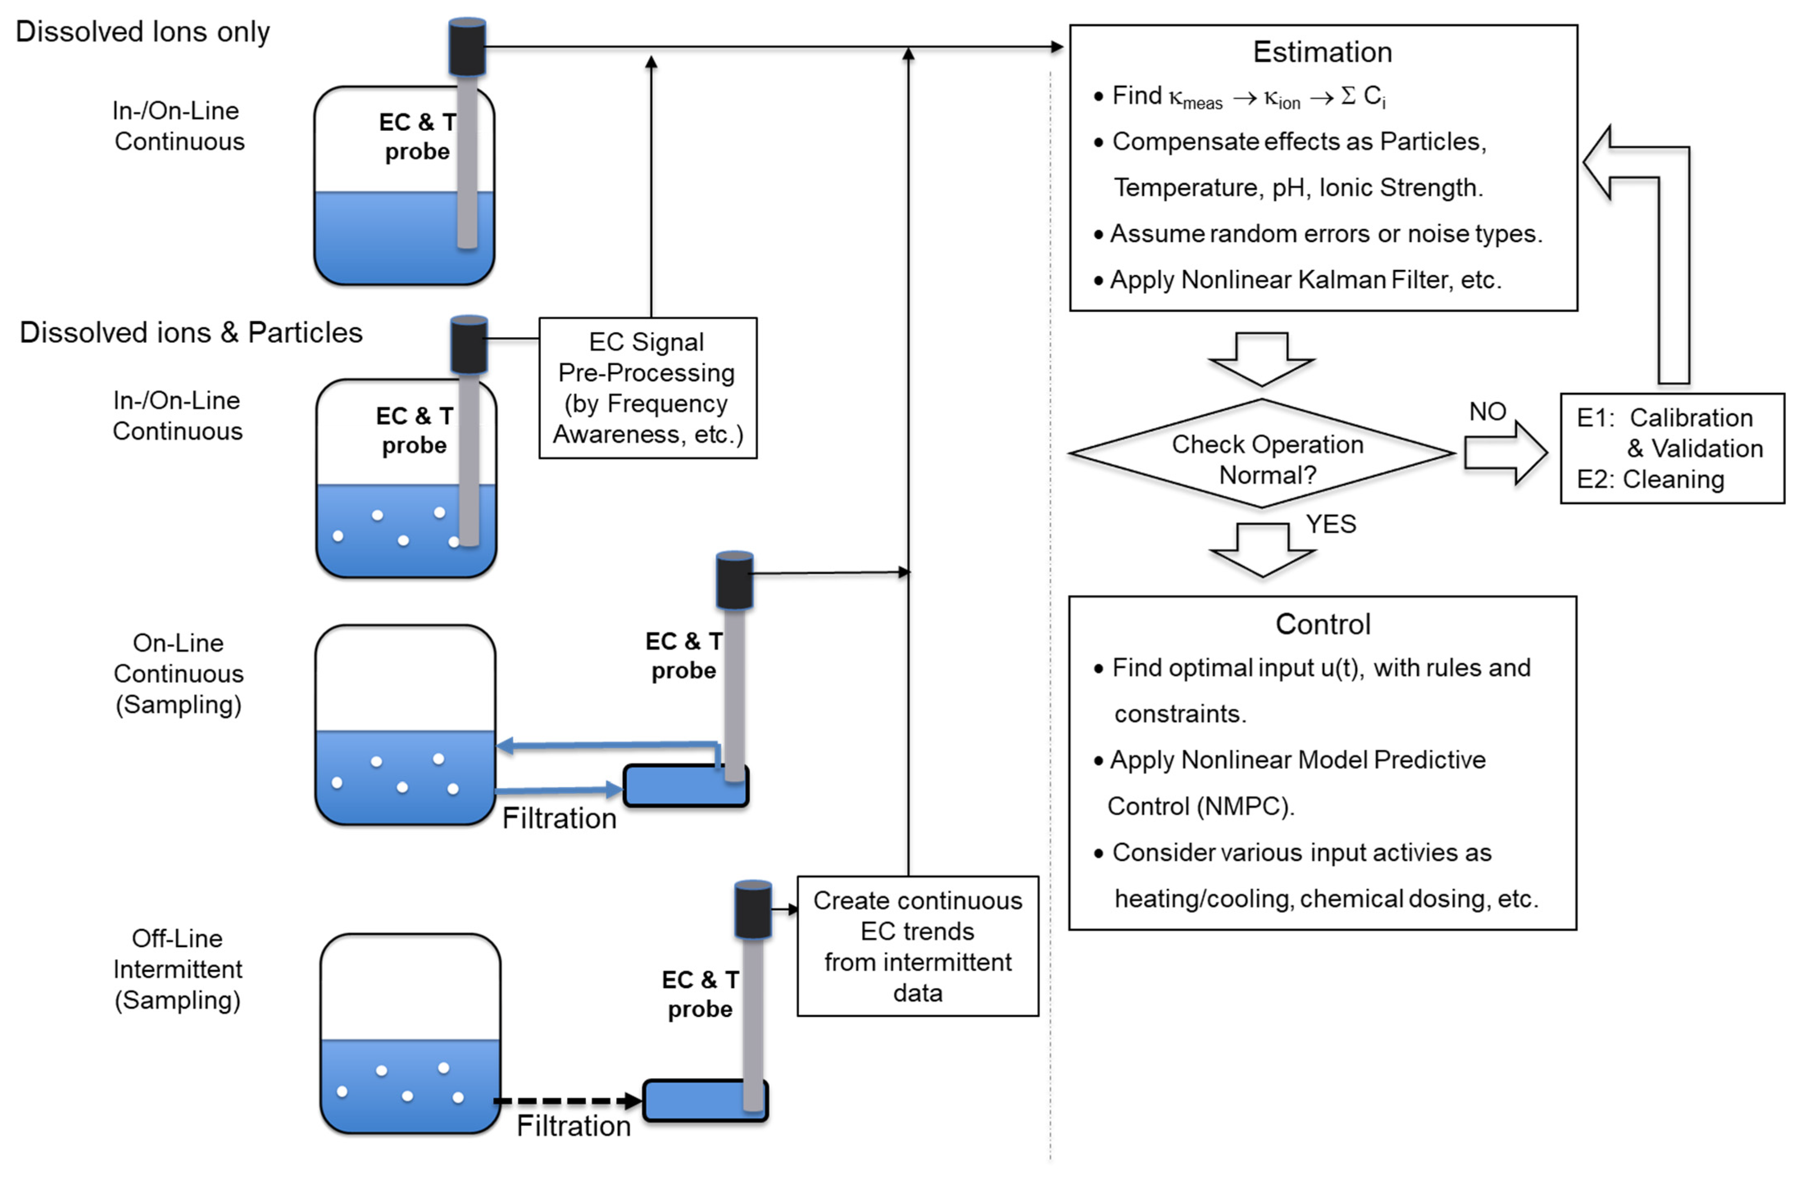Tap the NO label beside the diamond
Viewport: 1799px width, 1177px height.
(x=1488, y=412)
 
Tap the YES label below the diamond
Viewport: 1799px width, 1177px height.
(x=1331, y=524)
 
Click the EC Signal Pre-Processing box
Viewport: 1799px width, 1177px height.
(x=648, y=388)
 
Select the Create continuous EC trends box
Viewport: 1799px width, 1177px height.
(x=918, y=946)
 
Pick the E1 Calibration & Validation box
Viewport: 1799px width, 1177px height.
(x=1672, y=448)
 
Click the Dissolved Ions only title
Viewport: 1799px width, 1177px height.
(x=143, y=32)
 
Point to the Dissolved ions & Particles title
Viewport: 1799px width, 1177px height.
(x=191, y=333)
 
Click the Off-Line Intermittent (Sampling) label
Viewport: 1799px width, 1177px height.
(x=178, y=969)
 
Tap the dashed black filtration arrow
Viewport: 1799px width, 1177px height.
(x=568, y=1101)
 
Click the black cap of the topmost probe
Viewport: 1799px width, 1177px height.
(x=467, y=47)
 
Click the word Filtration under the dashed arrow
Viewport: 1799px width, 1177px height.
(x=574, y=1126)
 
